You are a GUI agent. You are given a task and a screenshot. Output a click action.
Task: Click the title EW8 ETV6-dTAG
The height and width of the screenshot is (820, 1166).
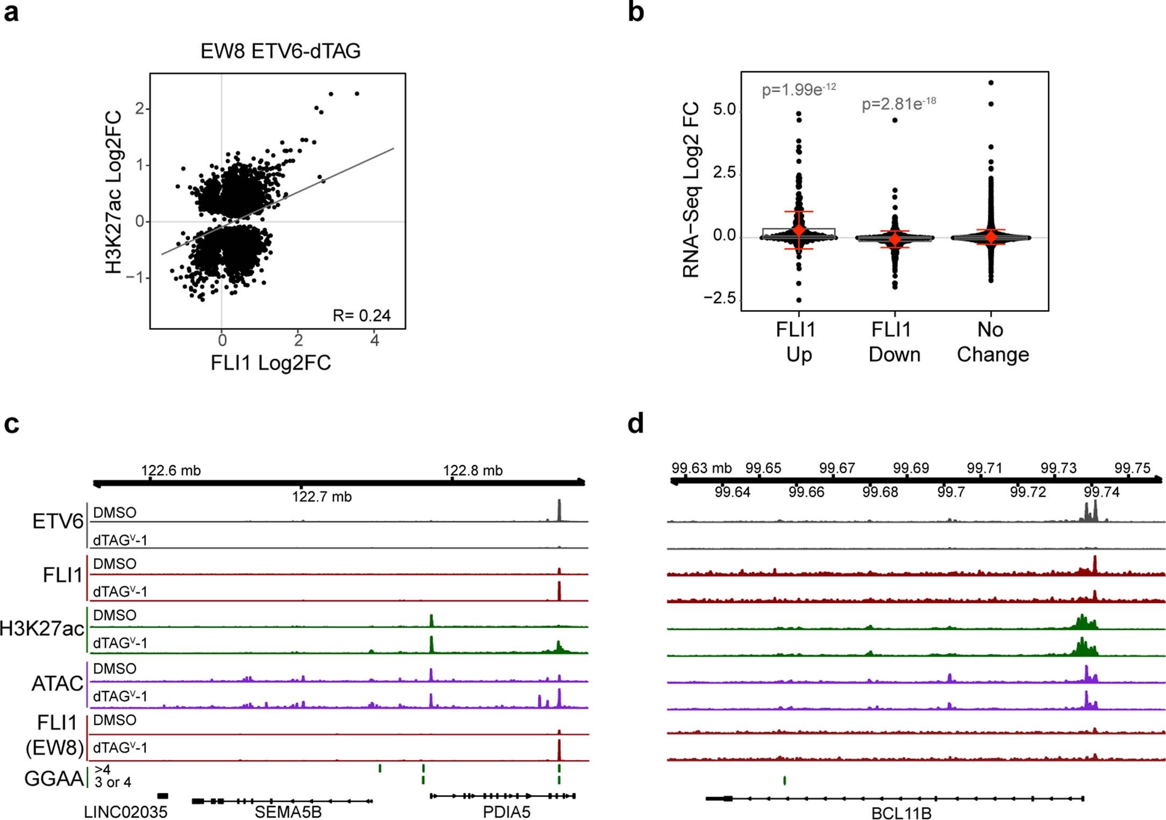point(280,51)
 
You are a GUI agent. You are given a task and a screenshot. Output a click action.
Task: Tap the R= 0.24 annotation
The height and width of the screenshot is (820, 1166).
point(361,315)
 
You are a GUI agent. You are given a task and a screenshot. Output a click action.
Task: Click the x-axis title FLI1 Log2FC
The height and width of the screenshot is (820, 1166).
point(270,363)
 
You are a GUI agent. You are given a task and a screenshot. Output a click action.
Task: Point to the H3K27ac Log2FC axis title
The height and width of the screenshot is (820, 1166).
point(113,192)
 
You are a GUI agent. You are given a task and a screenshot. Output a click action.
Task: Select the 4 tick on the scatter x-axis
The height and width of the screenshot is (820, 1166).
point(374,340)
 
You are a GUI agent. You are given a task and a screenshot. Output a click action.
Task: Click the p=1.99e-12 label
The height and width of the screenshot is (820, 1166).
point(798,89)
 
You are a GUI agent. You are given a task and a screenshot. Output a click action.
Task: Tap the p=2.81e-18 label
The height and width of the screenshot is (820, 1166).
point(898,103)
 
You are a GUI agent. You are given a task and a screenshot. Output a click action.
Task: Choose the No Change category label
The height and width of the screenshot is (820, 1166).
point(992,342)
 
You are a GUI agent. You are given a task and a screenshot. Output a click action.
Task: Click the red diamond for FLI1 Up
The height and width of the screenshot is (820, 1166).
point(799,230)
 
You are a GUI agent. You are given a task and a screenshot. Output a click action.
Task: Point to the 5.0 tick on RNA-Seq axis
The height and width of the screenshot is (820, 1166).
point(724,110)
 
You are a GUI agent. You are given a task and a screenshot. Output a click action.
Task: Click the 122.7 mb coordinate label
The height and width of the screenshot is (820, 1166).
point(321,496)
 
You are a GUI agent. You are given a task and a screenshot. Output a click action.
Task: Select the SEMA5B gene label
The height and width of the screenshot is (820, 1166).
point(288,812)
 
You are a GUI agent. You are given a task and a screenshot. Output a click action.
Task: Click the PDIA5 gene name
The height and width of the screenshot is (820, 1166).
point(506,812)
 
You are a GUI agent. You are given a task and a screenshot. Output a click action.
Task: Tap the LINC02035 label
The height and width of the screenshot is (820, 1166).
point(125,812)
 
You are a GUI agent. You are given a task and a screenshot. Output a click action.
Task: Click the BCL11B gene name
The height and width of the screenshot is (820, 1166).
point(901,813)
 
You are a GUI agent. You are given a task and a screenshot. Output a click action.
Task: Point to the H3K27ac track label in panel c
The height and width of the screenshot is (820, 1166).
point(42,628)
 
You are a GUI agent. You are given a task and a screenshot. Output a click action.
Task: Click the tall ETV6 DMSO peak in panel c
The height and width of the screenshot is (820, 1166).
point(559,510)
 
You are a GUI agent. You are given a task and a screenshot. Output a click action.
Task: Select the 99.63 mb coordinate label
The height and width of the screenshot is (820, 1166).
point(701,468)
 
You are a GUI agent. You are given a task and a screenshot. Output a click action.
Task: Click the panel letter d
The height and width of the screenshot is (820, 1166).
point(635,424)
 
